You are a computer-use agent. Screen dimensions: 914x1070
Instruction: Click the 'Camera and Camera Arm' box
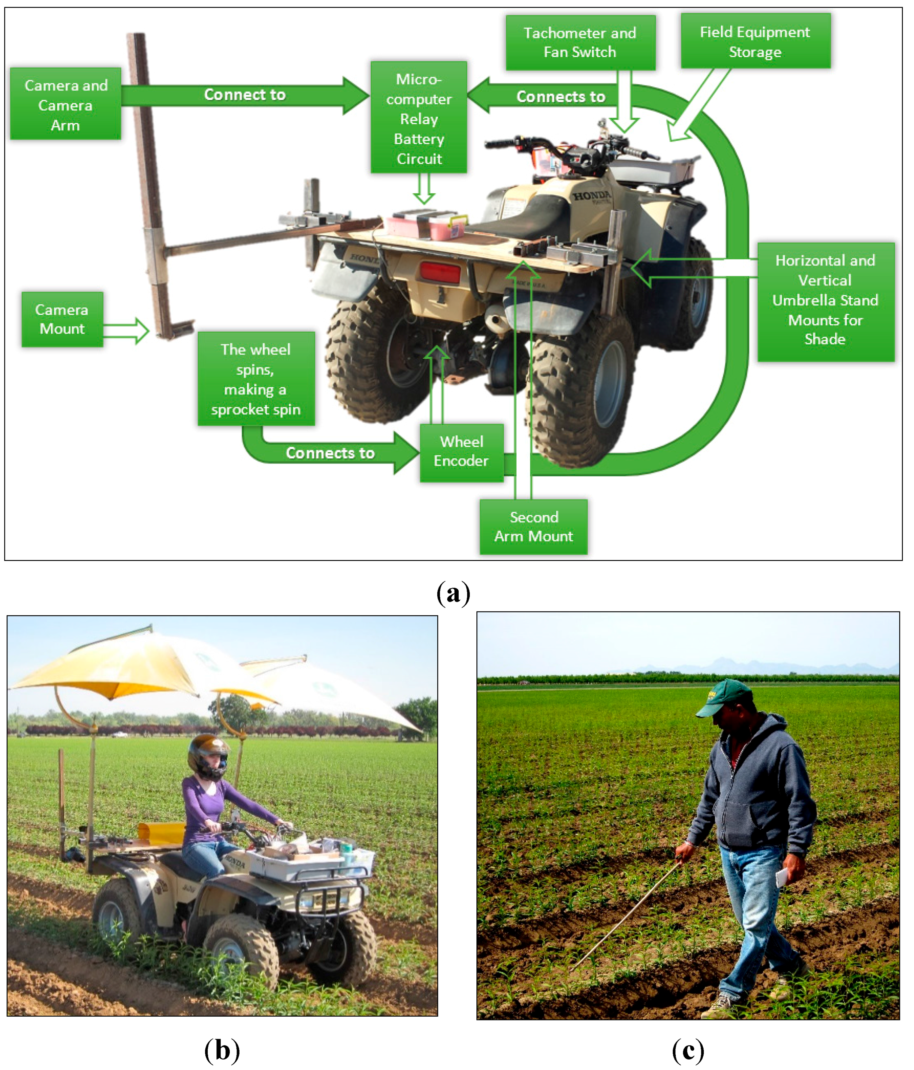[66, 104]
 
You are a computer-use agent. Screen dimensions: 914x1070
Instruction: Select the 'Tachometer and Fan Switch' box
[580, 42]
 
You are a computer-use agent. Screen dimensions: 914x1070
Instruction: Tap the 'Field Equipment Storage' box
[755, 41]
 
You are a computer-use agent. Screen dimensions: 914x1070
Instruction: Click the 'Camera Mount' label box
[62, 319]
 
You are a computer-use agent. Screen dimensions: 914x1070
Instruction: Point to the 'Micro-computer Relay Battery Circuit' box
[419, 118]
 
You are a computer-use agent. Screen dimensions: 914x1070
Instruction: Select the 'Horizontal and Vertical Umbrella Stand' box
[825, 301]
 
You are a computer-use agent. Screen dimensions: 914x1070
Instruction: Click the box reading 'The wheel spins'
[256, 379]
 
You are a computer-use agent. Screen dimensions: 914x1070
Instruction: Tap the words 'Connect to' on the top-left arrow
[245, 95]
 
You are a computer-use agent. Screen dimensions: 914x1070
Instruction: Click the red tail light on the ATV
[440, 272]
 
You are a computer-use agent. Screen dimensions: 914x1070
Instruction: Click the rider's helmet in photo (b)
[208, 756]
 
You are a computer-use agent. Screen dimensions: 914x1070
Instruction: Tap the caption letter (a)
[453, 593]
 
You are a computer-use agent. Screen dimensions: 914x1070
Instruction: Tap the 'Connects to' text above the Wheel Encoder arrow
[330, 453]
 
